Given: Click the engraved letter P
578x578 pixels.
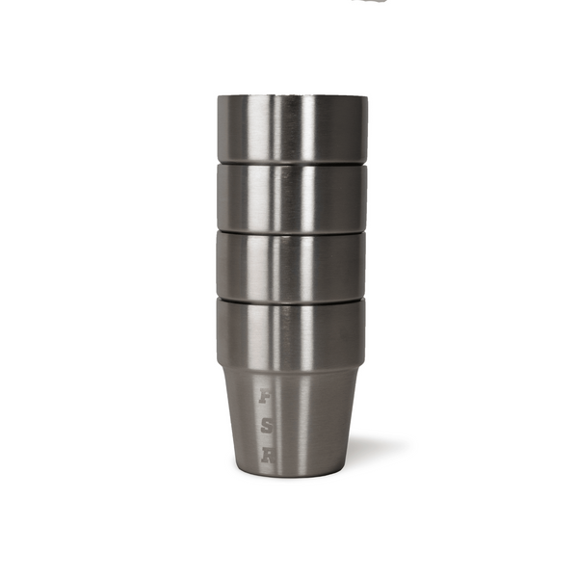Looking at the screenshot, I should [265, 396].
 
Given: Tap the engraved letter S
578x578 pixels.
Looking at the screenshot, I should [266, 427].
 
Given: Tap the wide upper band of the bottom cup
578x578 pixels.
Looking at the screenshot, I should [291, 333].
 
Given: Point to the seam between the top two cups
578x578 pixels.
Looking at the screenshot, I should [291, 162].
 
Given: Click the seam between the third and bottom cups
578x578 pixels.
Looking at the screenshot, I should [291, 298].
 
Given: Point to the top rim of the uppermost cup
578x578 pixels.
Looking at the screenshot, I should [291, 96].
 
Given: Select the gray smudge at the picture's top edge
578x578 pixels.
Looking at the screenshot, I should [371, 2].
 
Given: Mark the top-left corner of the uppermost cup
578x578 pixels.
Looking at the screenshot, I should [218, 96].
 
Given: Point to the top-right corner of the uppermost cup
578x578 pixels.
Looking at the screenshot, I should [366, 96].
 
